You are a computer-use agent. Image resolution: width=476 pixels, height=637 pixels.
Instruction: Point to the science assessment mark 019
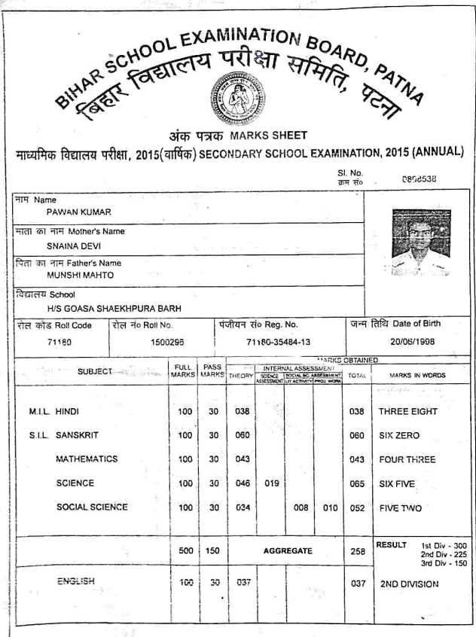coord(272,483)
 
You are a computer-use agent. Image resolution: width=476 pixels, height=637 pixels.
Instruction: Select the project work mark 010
coord(330,507)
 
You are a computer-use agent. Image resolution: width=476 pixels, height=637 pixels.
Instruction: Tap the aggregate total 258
coord(358,551)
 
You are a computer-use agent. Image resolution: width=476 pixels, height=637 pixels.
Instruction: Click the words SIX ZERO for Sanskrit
coord(399,436)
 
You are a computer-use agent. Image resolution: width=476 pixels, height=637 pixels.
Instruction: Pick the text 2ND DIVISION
coord(409,583)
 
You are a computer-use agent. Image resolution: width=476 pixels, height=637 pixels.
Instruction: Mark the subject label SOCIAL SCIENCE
coord(92,507)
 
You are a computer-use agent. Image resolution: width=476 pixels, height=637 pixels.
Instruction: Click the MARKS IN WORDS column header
coord(417,375)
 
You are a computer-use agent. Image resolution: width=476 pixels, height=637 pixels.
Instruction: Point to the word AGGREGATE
coord(288,551)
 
